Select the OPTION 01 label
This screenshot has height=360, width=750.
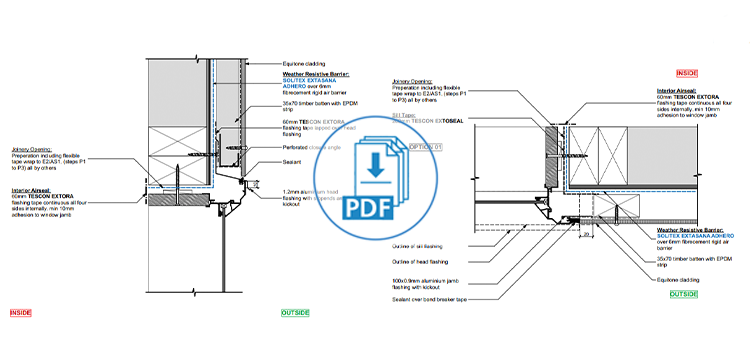click(x=425, y=146)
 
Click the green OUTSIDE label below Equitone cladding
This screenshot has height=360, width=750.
click(x=683, y=294)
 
